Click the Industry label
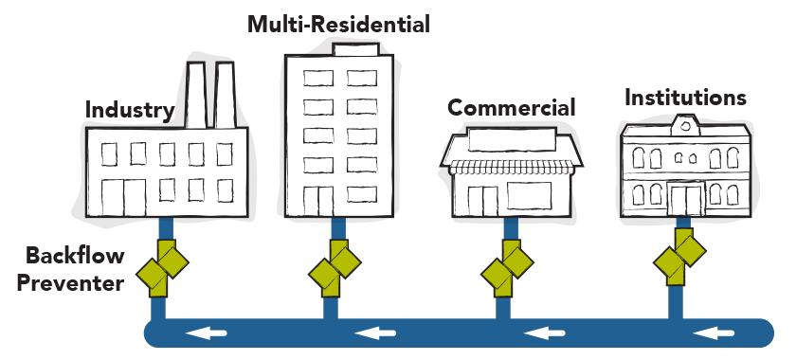(x=130, y=110)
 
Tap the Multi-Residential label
(x=338, y=24)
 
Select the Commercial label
(x=511, y=107)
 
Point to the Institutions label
(x=685, y=98)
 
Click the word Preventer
(x=74, y=281)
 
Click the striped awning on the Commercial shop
(x=510, y=167)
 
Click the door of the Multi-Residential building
(x=324, y=200)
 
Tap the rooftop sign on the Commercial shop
(x=510, y=141)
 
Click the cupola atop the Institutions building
(x=684, y=123)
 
